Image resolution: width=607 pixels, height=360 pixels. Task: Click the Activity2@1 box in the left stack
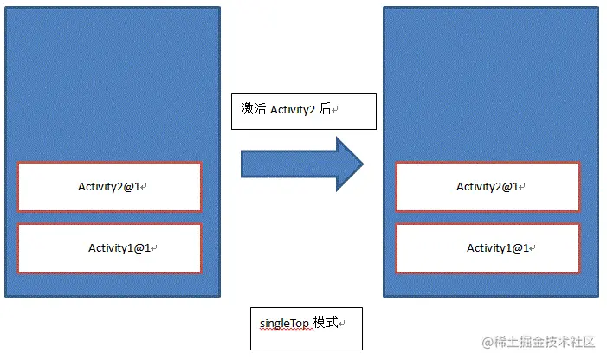(109, 186)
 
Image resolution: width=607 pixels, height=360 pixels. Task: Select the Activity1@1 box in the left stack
(109, 248)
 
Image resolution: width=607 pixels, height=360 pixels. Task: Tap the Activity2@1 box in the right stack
(488, 186)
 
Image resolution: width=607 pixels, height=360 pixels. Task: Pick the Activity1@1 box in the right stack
(488, 248)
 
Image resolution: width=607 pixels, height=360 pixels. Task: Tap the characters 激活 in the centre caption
(254, 110)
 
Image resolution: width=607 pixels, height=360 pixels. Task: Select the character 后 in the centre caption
(326, 110)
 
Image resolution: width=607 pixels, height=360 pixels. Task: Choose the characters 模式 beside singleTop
(326, 323)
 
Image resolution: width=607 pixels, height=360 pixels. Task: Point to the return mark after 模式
(343, 325)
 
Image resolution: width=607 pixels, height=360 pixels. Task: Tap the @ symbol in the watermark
(490, 343)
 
